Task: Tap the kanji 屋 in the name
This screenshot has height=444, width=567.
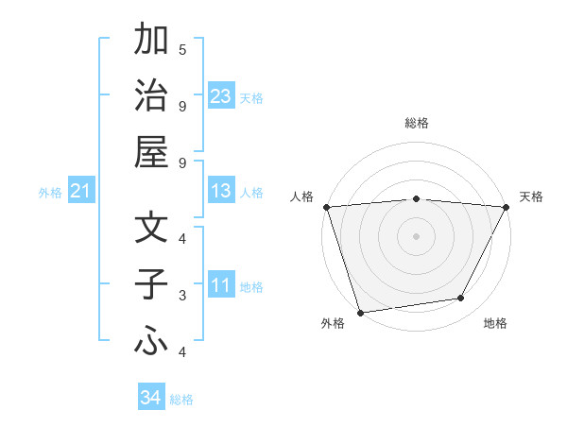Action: coord(151,151)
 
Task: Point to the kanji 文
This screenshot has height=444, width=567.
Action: coord(151,229)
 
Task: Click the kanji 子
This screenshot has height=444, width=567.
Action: coord(151,284)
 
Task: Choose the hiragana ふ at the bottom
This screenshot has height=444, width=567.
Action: coord(151,342)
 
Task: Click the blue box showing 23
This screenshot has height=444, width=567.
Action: coord(221,95)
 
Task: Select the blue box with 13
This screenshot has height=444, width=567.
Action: coord(221,192)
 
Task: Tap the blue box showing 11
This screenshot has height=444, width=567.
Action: coord(221,286)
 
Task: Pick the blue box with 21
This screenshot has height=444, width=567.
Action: coord(80,192)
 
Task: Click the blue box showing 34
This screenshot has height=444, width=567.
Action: coord(150,398)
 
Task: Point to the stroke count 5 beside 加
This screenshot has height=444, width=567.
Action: coord(182,49)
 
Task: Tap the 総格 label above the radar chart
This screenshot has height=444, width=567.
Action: coord(416,123)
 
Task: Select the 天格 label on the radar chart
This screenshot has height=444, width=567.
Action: coord(531,196)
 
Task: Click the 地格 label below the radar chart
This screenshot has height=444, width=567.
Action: coord(495,323)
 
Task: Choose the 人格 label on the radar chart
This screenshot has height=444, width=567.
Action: coord(301,196)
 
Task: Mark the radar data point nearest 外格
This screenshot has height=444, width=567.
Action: coord(360,312)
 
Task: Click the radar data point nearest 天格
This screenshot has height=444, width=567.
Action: coord(506,207)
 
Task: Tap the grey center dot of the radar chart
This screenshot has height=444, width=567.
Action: coord(416,236)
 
